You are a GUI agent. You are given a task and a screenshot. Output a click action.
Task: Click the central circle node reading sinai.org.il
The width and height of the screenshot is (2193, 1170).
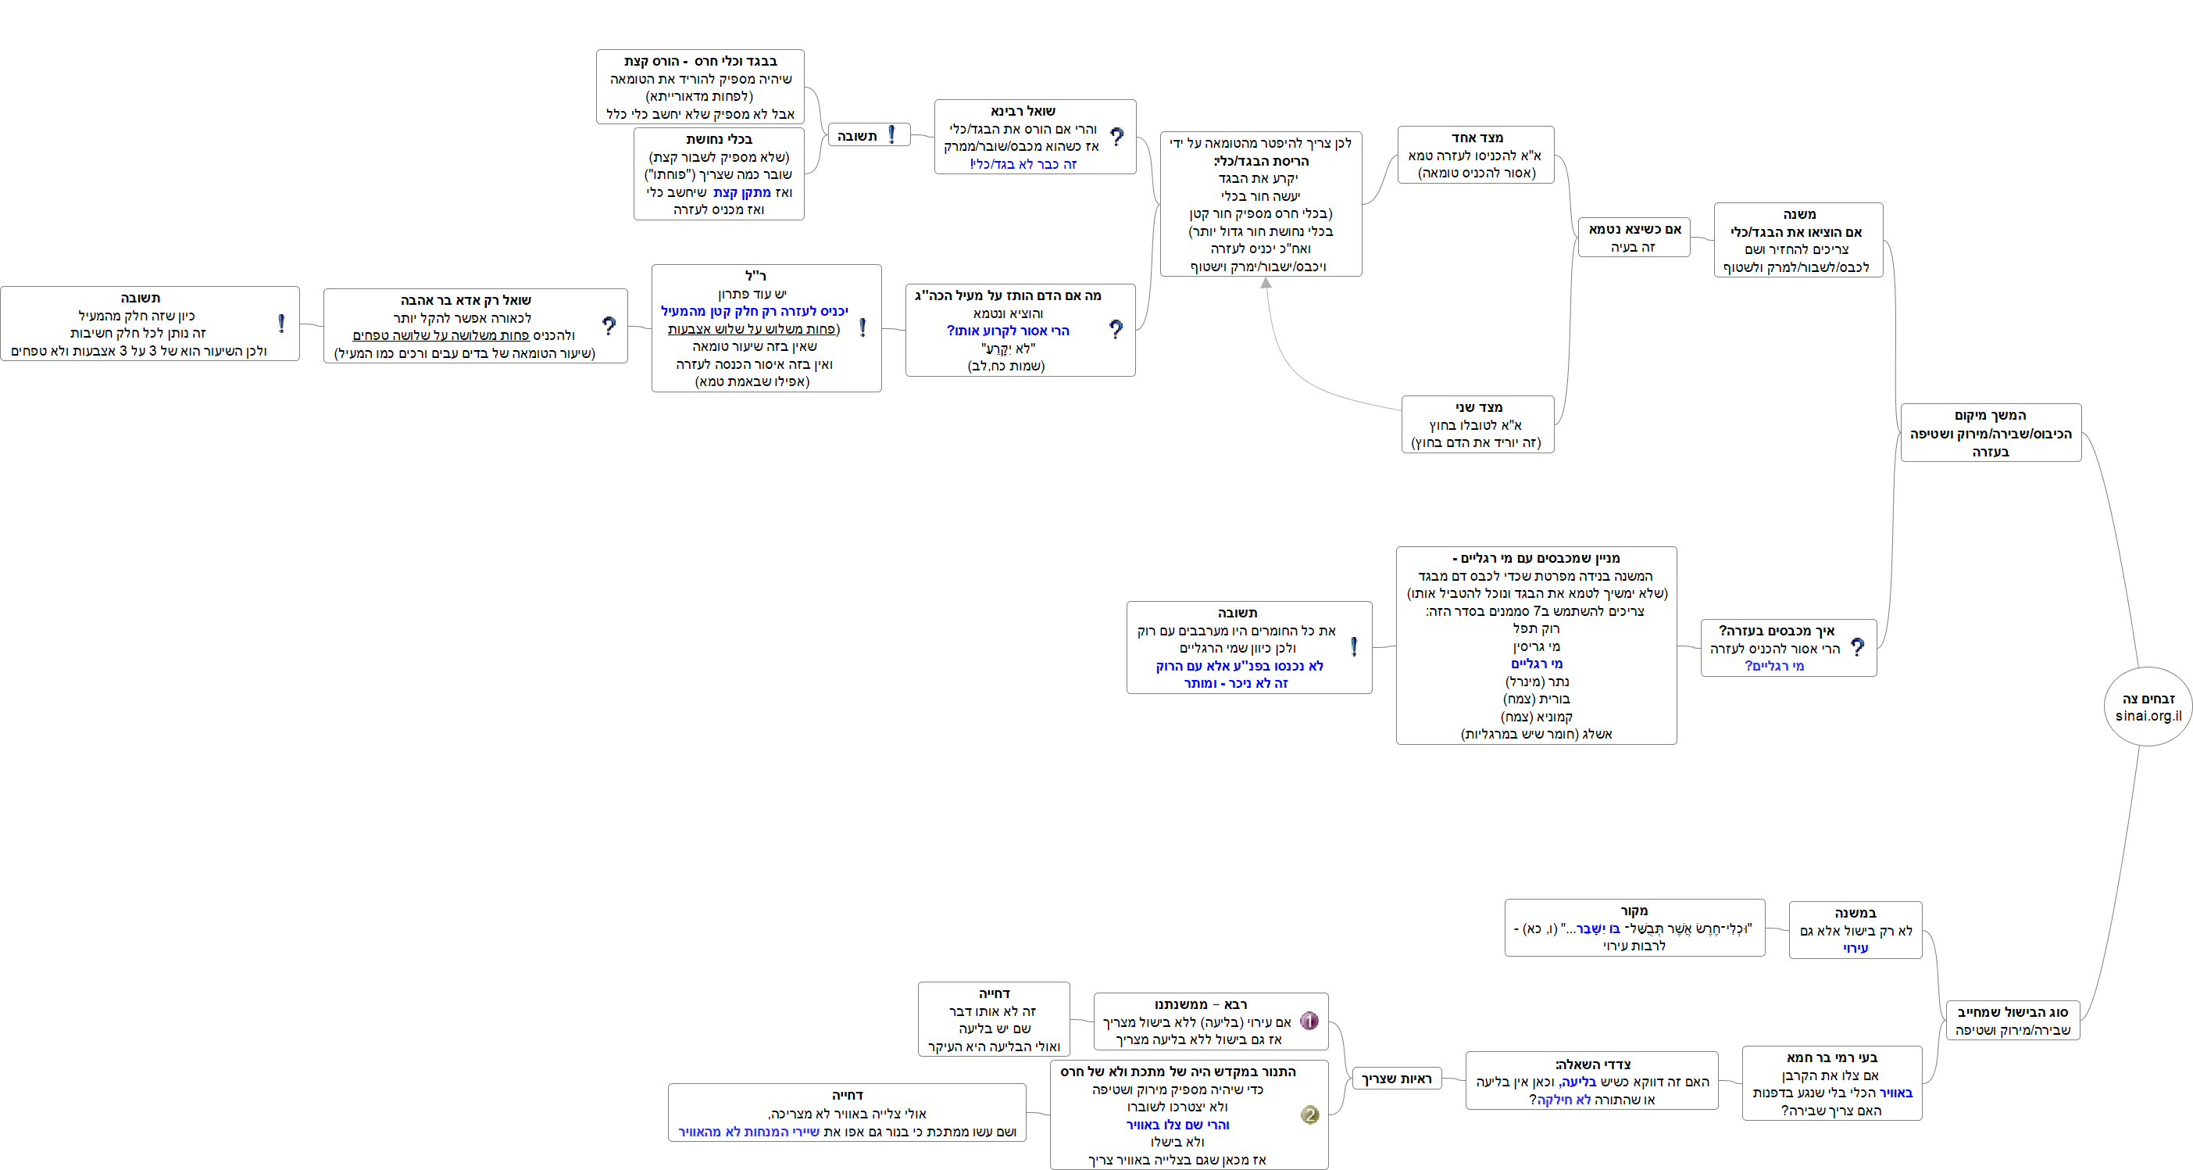tap(2148, 707)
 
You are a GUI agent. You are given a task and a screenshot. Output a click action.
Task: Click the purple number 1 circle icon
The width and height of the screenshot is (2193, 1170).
tap(1309, 1021)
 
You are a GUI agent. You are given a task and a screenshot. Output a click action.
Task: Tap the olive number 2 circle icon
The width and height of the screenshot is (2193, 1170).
tap(1309, 1115)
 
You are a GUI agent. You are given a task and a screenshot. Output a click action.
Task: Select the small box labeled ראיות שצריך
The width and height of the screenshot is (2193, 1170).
tap(1396, 1079)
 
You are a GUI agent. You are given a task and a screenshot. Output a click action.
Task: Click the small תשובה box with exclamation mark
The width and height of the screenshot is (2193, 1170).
tap(868, 135)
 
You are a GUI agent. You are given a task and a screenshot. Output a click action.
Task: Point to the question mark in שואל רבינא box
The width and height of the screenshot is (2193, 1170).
tap(1117, 137)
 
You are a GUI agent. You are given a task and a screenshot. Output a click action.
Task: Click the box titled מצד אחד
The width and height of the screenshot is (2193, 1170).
tap(1475, 155)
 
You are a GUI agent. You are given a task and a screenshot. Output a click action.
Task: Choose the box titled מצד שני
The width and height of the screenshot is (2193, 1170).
tap(1477, 424)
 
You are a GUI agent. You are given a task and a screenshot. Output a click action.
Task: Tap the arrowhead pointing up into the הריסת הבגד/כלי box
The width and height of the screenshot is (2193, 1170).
tap(1266, 283)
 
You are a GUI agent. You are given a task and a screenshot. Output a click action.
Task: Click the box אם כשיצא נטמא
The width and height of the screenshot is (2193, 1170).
tap(1633, 238)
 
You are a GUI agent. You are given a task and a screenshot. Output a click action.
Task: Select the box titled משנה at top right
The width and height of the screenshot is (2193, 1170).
tap(1798, 240)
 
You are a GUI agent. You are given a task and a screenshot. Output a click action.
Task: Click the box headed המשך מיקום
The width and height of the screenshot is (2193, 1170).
tap(1991, 432)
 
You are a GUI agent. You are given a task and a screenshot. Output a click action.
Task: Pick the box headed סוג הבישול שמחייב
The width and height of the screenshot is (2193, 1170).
tap(2012, 1020)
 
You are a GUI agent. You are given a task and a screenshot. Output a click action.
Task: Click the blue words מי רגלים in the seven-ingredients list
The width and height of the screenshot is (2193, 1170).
tap(1537, 664)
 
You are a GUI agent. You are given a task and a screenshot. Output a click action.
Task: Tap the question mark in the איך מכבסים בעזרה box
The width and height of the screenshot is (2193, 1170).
tap(1858, 648)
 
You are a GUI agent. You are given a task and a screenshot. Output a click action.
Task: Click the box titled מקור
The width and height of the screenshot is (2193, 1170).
tap(1634, 927)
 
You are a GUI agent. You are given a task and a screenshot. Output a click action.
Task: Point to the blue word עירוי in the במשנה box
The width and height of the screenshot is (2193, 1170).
tap(1855, 948)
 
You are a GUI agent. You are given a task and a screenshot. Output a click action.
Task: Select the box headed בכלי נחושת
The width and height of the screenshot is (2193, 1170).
tap(719, 174)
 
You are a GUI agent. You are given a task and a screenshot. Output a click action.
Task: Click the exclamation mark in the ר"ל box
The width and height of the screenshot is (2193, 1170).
tap(863, 327)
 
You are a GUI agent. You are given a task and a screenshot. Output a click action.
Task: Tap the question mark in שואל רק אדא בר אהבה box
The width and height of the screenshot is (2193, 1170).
tap(609, 326)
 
